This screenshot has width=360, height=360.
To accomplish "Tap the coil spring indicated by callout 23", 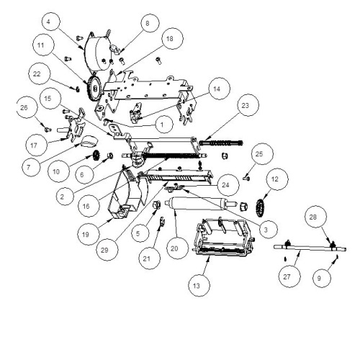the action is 221,143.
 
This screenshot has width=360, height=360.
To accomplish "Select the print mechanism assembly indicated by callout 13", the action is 224,237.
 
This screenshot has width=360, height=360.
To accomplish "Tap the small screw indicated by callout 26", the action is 48,130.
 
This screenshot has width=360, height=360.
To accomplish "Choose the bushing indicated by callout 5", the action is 156,204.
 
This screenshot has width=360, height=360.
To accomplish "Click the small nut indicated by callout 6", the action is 110,156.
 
